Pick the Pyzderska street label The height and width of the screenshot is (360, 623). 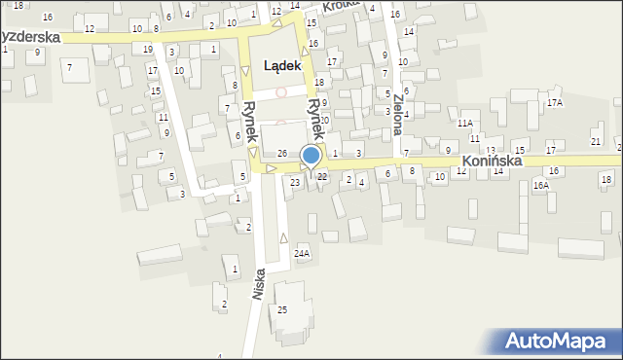29,37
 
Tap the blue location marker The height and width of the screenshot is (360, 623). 311,157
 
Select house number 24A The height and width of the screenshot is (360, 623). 302,254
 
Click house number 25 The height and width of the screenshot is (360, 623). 282,309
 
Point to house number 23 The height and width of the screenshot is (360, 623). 295,182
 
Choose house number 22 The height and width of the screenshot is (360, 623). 321,176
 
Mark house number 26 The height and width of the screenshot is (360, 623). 281,154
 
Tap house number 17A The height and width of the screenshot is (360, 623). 555,102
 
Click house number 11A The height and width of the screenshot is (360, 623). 465,124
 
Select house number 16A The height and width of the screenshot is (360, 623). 541,184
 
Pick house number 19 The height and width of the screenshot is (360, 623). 148,49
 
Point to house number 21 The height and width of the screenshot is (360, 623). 595,142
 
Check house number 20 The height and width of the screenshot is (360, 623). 324,120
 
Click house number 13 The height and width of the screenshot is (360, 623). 491,150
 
